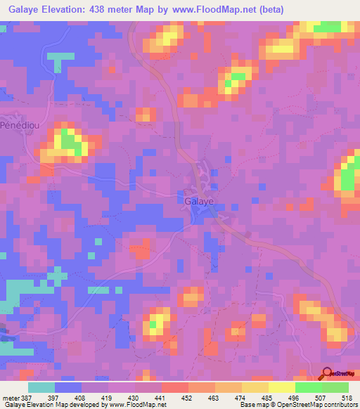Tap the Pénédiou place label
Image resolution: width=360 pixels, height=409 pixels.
(x=18, y=124)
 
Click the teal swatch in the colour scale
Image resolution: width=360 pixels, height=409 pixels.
(x=41, y=387)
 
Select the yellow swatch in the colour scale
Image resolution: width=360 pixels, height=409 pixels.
(x=281, y=387)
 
